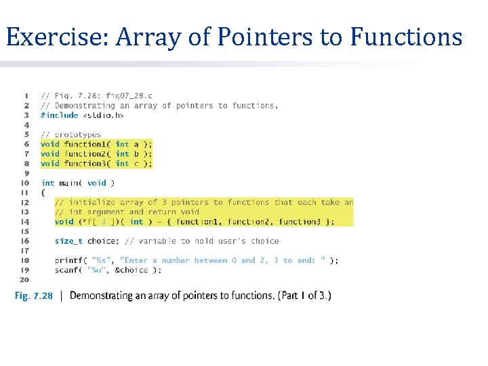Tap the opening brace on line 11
click(43, 192)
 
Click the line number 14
click(24, 222)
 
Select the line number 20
click(24, 279)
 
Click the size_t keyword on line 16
click(68, 241)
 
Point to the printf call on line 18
click(68, 260)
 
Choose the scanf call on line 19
click(66, 270)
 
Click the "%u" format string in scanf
click(99, 270)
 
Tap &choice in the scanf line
click(134, 270)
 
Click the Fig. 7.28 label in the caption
click(34, 296)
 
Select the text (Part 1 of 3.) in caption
click(304, 296)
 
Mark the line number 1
click(26, 96)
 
